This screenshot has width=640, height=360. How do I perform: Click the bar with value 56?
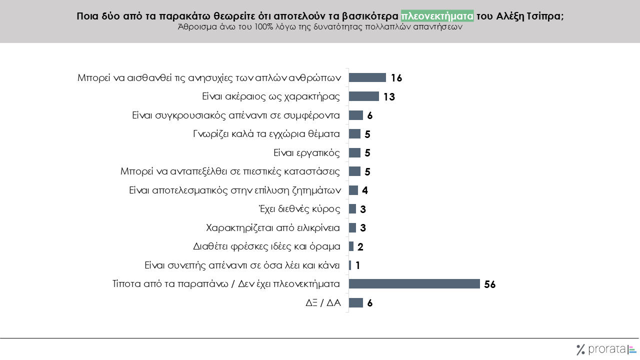pyautogui.click(x=414, y=284)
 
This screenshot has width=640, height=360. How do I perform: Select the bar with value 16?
pyautogui.click(x=367, y=77)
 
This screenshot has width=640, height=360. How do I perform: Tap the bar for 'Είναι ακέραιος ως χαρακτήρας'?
pyautogui.click(x=363, y=96)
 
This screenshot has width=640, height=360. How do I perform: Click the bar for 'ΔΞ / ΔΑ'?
pyautogui.click(x=355, y=302)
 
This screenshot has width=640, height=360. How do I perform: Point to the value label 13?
pyautogui.click(x=389, y=97)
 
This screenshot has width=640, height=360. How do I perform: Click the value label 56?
pyautogui.click(x=489, y=284)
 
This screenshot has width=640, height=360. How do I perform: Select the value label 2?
pyautogui.click(x=360, y=247)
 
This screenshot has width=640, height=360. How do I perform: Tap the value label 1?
pyautogui.click(x=357, y=265)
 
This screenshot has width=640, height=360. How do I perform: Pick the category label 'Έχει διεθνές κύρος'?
pyautogui.click(x=298, y=209)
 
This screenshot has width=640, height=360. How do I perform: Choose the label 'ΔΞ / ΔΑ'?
pyautogui.click(x=323, y=303)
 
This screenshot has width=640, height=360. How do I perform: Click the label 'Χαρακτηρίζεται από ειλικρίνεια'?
pyautogui.click(x=273, y=228)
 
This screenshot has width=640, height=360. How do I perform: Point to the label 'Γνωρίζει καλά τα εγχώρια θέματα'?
pyautogui.click(x=266, y=134)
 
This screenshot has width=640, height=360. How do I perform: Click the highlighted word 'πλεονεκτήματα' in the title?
pyautogui.click(x=437, y=16)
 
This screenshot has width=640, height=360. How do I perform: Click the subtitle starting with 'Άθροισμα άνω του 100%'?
pyautogui.click(x=320, y=28)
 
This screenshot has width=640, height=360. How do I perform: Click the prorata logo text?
pyautogui.click(x=606, y=349)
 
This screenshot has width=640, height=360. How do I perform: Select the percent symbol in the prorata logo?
pyautogui.click(x=580, y=349)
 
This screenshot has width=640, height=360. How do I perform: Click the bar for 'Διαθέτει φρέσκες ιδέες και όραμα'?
pyautogui.click(x=351, y=246)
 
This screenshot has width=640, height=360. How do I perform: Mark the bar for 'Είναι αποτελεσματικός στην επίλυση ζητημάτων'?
pyautogui.click(x=353, y=190)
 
